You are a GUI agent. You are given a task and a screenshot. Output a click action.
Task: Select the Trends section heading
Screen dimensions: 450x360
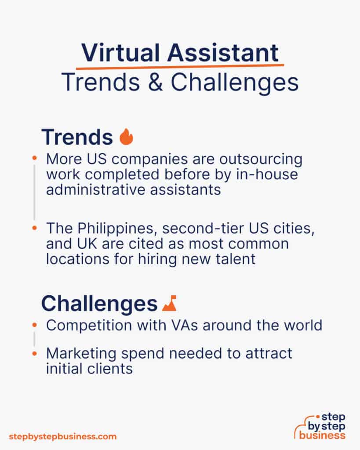click(x=77, y=137)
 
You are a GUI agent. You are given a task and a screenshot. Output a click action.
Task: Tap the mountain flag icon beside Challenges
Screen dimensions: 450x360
click(x=169, y=303)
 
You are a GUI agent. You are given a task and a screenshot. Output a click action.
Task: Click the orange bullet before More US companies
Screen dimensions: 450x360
click(x=35, y=158)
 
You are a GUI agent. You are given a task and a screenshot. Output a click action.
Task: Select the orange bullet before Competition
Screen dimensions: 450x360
click(x=35, y=325)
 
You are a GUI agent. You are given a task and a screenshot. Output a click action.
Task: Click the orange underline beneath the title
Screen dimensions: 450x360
click(x=180, y=66)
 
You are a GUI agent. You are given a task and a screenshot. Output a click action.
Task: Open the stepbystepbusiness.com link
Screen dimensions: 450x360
click(x=63, y=436)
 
